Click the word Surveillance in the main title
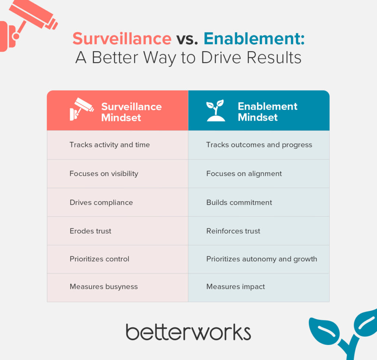point(122,38)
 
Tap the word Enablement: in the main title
point(254,38)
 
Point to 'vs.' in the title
point(187,39)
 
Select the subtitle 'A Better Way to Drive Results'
point(188,58)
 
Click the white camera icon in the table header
point(81,109)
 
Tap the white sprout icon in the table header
point(216,110)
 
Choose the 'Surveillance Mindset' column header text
point(131,112)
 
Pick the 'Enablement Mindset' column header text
point(268,112)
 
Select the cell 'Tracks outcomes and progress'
point(259,145)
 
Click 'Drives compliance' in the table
point(101,203)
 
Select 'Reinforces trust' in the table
point(233,231)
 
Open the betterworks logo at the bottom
point(188,332)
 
